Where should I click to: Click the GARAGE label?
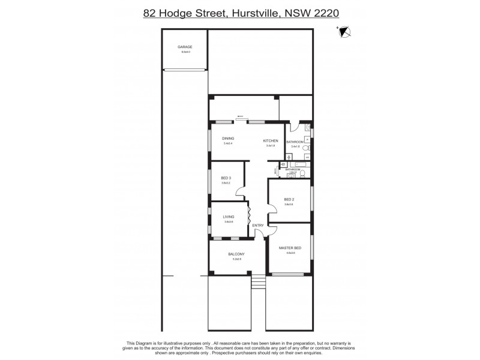tap(184, 47)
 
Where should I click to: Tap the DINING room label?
tap(228, 139)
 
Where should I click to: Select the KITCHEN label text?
tap(271, 141)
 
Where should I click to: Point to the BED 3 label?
tap(226, 178)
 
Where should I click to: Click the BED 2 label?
tap(289, 199)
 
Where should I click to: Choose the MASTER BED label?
tap(290, 248)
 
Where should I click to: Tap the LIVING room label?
tap(228, 217)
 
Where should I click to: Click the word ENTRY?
tap(258, 226)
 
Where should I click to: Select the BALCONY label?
tap(235, 254)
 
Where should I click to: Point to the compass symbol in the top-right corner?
tap(345, 33)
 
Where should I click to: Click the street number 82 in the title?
tap(151, 13)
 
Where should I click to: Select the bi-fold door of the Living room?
tap(249, 215)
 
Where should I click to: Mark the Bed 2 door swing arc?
tap(272, 208)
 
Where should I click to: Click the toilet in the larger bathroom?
tap(305, 148)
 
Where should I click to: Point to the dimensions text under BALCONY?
tap(235, 259)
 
